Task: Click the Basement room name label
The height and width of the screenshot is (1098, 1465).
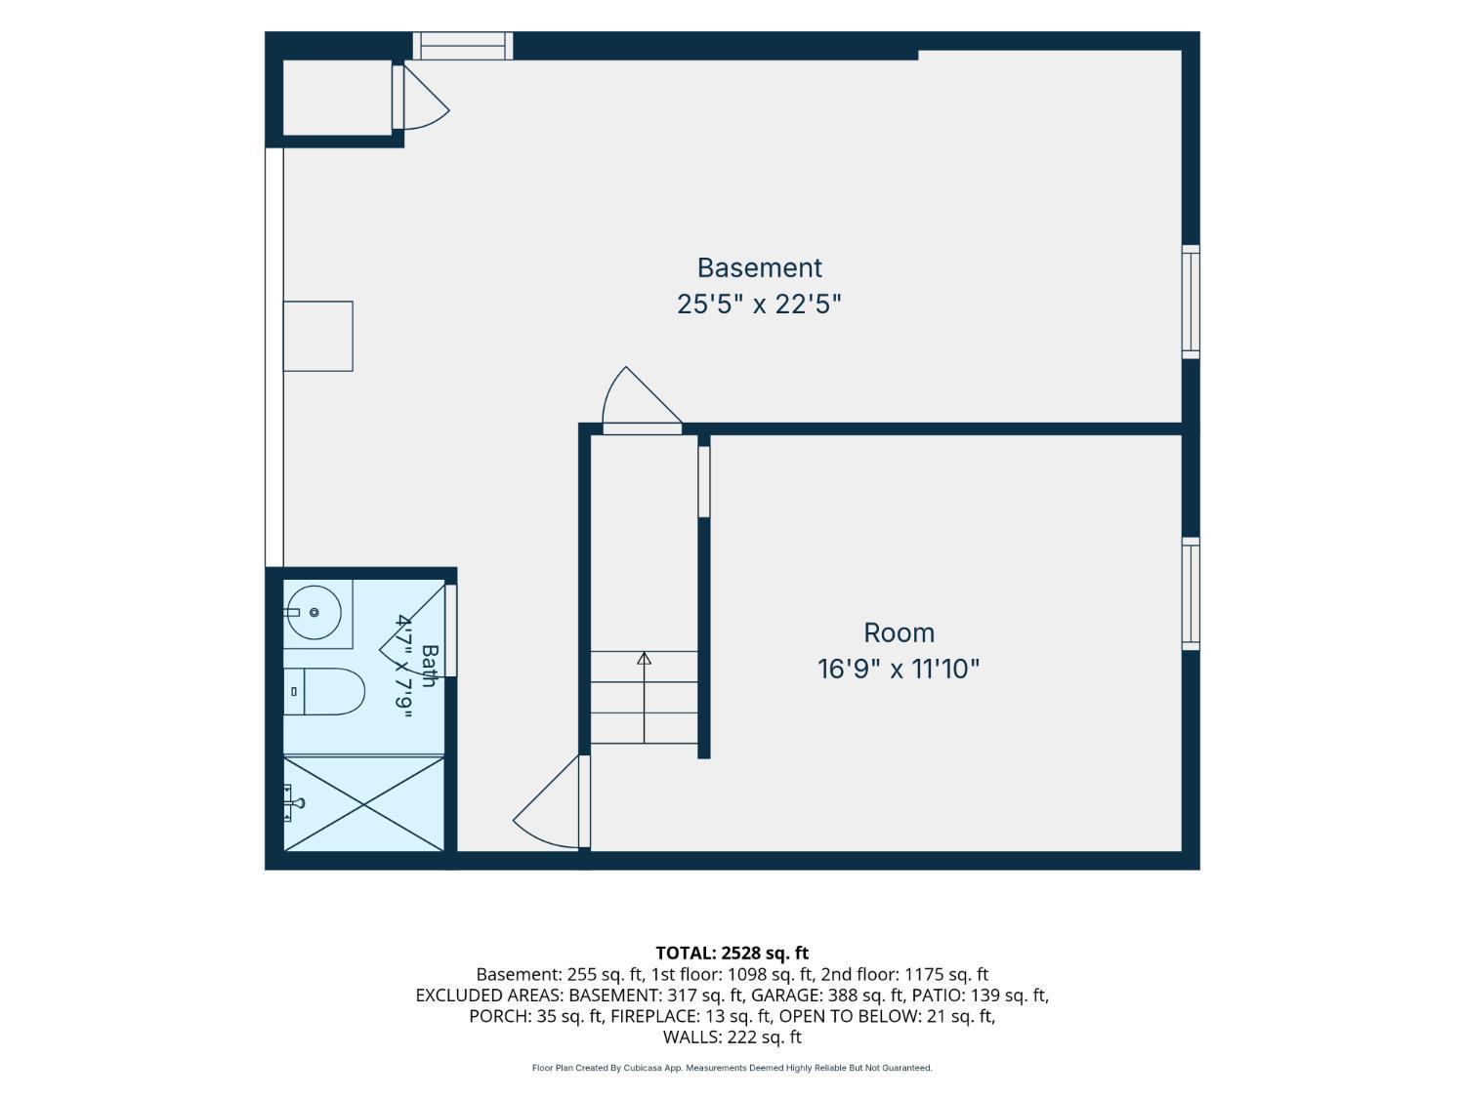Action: (759, 268)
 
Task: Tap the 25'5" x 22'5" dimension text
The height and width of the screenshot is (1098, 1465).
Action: (759, 305)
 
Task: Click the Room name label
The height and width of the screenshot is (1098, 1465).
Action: (899, 632)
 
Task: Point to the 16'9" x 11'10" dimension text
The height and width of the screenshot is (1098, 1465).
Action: (899, 669)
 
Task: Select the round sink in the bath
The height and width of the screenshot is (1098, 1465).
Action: (314, 613)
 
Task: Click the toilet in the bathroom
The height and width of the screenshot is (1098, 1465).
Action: (323, 691)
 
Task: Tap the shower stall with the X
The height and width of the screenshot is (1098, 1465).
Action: (363, 803)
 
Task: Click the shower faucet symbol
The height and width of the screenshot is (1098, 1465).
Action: (294, 803)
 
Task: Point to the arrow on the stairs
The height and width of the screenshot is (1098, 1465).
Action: (644, 697)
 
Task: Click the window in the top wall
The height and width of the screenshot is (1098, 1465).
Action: (463, 46)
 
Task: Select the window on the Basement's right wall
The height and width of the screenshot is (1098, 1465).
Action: (1191, 302)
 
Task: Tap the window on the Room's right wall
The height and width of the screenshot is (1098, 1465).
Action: (1191, 593)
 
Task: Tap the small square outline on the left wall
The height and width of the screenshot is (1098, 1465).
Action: (318, 336)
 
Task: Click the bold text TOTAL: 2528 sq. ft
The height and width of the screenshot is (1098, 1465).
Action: (732, 953)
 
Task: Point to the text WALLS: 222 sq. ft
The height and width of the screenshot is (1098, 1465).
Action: (732, 1037)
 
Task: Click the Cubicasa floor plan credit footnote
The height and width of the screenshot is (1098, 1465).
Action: (732, 1068)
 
